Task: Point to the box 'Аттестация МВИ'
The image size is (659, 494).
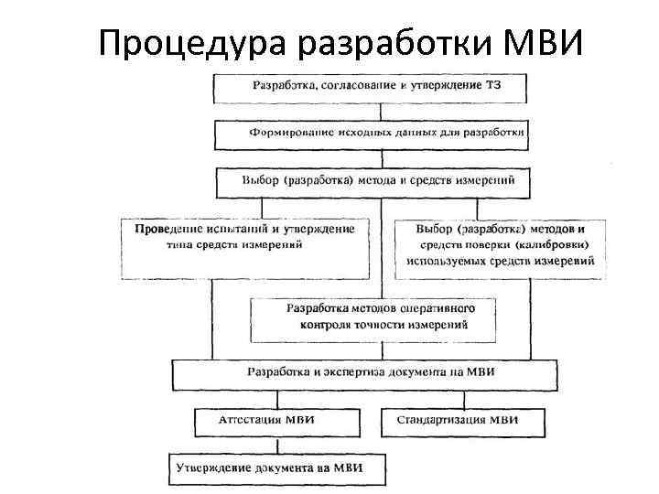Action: tap(275, 421)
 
